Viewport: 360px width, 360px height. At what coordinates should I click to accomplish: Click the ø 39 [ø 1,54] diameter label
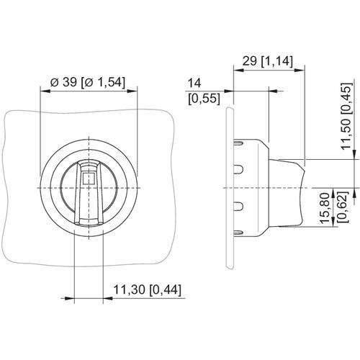(88, 83)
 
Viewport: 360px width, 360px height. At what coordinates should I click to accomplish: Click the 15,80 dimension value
(325, 207)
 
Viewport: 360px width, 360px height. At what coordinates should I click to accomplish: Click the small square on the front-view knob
(88, 178)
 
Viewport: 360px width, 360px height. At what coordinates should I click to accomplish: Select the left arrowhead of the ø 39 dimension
(45, 91)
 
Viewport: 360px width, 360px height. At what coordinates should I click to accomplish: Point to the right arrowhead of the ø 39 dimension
(132, 91)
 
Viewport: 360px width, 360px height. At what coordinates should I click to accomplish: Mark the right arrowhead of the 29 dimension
(300, 70)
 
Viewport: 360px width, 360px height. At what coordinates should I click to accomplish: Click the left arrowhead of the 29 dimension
(239, 70)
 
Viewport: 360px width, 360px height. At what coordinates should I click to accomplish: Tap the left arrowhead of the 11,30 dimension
(69, 298)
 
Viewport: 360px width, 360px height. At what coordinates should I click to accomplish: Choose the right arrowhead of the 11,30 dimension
(108, 298)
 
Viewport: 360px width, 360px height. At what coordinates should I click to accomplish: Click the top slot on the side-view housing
(238, 143)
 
